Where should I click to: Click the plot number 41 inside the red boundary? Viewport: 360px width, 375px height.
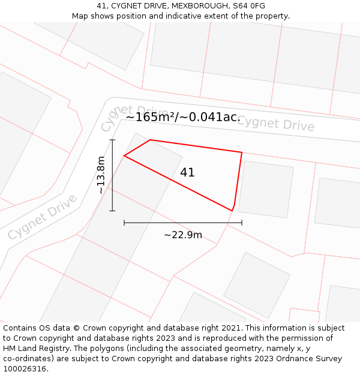[x=187, y=173]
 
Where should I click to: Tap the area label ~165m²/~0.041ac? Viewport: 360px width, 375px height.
[x=182, y=117]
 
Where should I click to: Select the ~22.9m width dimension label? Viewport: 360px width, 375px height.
[x=183, y=235]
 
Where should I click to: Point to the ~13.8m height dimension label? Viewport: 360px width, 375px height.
[x=101, y=175]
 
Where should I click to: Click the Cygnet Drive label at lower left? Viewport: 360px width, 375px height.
[x=42, y=217]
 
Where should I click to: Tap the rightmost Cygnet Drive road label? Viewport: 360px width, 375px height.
[x=276, y=124]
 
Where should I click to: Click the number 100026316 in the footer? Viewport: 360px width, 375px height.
[x=25, y=368]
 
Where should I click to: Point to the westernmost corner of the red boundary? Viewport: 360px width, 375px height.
[x=124, y=156]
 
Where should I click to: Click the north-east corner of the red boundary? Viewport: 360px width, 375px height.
[x=242, y=152]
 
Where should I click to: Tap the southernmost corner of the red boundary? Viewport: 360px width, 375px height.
[x=232, y=211]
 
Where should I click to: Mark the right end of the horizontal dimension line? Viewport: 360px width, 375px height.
[x=242, y=223]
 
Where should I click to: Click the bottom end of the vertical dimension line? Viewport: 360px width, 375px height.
[x=112, y=211]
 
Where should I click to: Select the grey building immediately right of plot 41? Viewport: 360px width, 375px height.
[x=266, y=189]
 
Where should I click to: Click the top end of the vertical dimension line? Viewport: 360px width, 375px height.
[x=112, y=140]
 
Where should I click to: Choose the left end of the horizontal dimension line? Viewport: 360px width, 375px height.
[x=124, y=223]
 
